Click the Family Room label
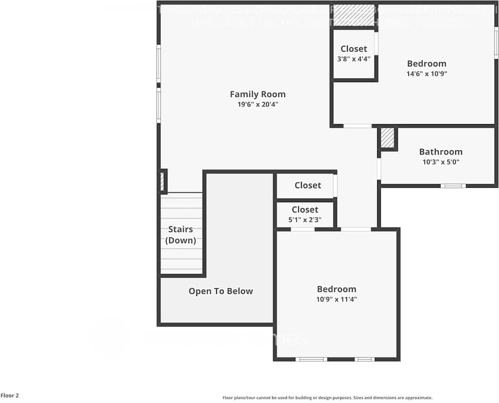pyautogui.click(x=258, y=94)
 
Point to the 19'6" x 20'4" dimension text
pyautogui.click(x=258, y=104)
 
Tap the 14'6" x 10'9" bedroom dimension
pyautogui.click(x=426, y=74)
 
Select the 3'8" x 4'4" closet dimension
pyautogui.click(x=354, y=59)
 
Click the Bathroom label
pyautogui.click(x=440, y=152)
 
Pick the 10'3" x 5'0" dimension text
pyautogui.click(x=440, y=162)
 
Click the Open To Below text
pyautogui.click(x=221, y=292)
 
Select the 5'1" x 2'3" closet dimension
pyautogui.click(x=305, y=220)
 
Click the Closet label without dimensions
pyautogui.click(x=308, y=185)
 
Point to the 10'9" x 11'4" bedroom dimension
pyautogui.click(x=337, y=299)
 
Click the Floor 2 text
pyautogui.click(x=9, y=396)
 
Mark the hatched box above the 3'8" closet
pyautogui.click(x=354, y=16)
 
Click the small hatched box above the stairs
pyautogui.click(x=162, y=181)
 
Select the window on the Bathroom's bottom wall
pyautogui.click(x=453, y=185)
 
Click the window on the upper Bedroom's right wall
pyautogui.click(x=496, y=43)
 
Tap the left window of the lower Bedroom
pyautogui.click(x=311, y=359)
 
